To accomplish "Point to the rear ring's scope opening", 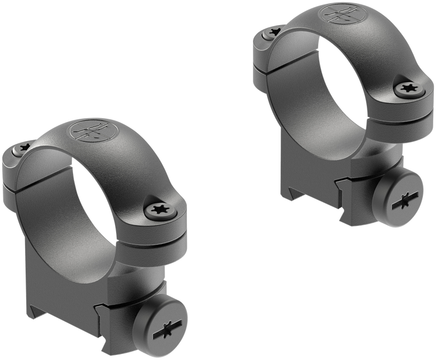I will pos(335,82).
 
